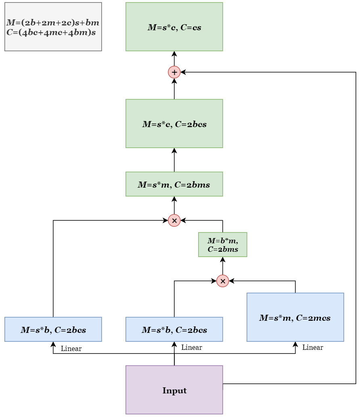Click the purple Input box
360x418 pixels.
click(x=174, y=390)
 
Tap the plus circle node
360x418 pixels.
click(x=174, y=72)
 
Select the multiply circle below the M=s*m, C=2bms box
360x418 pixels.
click(x=174, y=220)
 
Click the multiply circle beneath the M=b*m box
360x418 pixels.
click(x=222, y=281)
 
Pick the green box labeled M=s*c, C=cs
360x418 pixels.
click(x=174, y=27)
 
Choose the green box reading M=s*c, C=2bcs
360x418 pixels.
click(x=174, y=123)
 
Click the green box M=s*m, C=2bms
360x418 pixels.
click(x=174, y=184)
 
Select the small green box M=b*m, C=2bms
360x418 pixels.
click(x=222, y=245)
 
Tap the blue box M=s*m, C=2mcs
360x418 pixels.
click(x=295, y=317)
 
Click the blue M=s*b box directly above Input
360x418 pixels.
click(x=174, y=329)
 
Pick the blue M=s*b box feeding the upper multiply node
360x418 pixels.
click(x=53, y=329)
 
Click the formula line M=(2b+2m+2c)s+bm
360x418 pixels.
click(x=52, y=23)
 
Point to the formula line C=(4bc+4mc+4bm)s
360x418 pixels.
click(x=51, y=32)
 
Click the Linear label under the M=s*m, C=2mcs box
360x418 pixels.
click(x=312, y=347)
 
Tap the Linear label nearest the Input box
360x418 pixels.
click(x=192, y=347)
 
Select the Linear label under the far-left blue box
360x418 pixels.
click(x=71, y=349)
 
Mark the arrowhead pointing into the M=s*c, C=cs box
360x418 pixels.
click(x=174, y=54)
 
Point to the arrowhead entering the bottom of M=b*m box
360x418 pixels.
click(x=222, y=259)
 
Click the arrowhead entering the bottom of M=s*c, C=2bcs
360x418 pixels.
click(x=174, y=150)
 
